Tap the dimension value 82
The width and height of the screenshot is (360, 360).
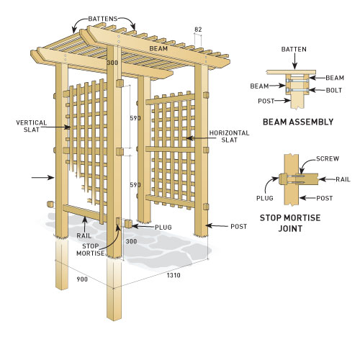point(199,29)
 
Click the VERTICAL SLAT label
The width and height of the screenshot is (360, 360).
point(32,126)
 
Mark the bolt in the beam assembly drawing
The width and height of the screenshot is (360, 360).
point(297,89)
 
